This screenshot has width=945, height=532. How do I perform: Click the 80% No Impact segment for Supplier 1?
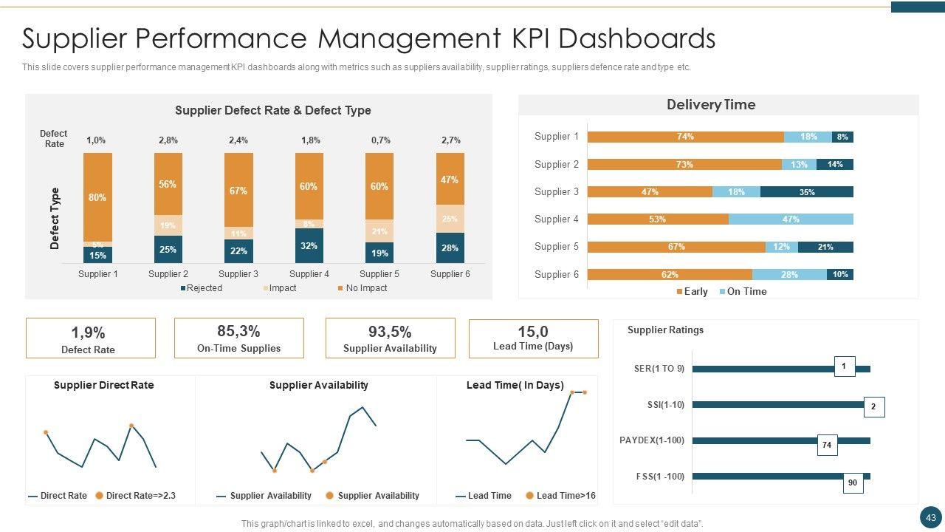point(97,197)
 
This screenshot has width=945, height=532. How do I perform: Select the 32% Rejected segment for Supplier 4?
point(309,245)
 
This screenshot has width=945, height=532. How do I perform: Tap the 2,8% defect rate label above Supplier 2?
point(168,140)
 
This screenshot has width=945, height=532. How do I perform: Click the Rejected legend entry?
point(202,288)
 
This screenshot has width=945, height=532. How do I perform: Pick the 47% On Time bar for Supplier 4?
point(791,219)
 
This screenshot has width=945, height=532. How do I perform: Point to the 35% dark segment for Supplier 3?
point(807,192)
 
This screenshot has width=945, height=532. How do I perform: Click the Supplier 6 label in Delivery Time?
point(557,274)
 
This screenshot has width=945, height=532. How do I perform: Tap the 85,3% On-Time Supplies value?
point(238,331)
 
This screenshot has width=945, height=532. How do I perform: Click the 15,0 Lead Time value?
point(533,332)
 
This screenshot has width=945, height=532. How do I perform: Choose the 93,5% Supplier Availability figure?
point(390,332)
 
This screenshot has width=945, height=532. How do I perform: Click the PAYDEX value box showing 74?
point(827,445)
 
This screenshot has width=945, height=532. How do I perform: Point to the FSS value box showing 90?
point(853,482)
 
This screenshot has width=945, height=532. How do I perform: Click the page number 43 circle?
point(930,517)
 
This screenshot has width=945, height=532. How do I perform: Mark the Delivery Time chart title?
point(711,105)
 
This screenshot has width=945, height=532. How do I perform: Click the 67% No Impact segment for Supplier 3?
point(238,191)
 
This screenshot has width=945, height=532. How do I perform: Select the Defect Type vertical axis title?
point(55,218)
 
